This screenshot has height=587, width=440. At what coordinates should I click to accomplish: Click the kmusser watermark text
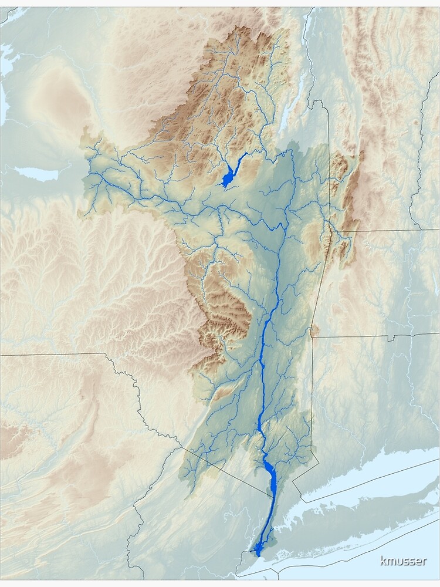point(403,561)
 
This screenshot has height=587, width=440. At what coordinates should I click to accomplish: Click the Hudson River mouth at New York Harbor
point(258,550)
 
